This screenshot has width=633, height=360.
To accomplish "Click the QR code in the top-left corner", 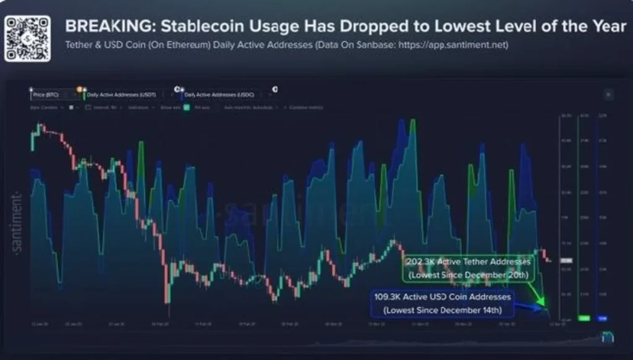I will pos(27,38).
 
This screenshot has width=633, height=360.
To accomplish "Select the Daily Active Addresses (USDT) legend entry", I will pos(121,95).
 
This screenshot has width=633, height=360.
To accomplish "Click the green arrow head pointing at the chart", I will pos(543,302).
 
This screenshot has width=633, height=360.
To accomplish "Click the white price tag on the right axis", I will pos(566,261).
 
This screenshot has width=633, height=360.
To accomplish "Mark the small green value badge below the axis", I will pos(584,318).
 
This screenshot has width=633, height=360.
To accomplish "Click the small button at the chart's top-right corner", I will pos(608,95).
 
